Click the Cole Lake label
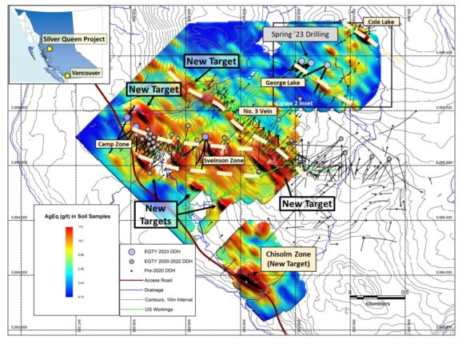(x=375, y=24)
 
